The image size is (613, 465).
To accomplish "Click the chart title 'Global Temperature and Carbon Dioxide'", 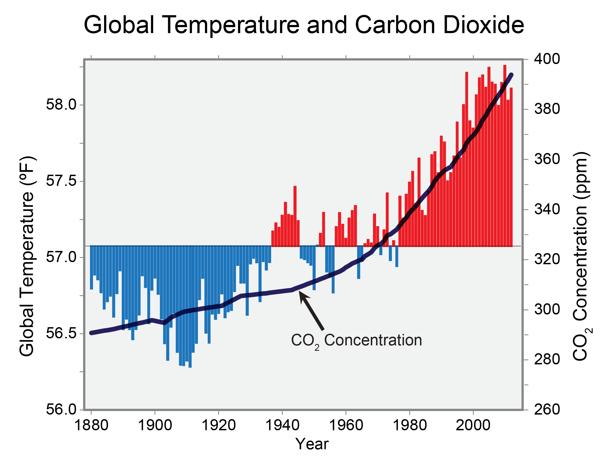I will pyautogui.click(x=304, y=25).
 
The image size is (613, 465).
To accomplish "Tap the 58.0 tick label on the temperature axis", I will pyautogui.click(x=61, y=105).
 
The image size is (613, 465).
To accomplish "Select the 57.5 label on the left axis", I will pyautogui.click(x=61, y=181).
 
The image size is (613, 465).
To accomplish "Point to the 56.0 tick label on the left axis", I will pyautogui.click(x=61, y=409).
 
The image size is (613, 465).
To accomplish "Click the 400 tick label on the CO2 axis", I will pyautogui.click(x=547, y=59).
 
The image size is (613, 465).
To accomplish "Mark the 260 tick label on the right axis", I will pyautogui.click(x=547, y=409).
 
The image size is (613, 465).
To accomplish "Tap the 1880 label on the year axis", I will pyautogui.click(x=91, y=425).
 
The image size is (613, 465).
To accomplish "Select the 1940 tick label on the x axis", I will pyautogui.click(x=283, y=425).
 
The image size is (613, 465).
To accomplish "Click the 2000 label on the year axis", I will pyautogui.click(x=473, y=425).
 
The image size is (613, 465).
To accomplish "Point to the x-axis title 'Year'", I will pyautogui.click(x=312, y=444).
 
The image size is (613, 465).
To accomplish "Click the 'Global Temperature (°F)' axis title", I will pyautogui.click(x=27, y=256).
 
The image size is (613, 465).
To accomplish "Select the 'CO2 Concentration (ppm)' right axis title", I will pyautogui.click(x=582, y=256).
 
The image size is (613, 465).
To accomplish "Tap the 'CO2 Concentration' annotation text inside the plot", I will pyautogui.click(x=356, y=340).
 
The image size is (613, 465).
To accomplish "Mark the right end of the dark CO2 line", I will pyautogui.click(x=511, y=75).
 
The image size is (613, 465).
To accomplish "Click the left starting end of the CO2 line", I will pyautogui.click(x=91, y=333).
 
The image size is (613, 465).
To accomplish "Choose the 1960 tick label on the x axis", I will pyautogui.click(x=346, y=425).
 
